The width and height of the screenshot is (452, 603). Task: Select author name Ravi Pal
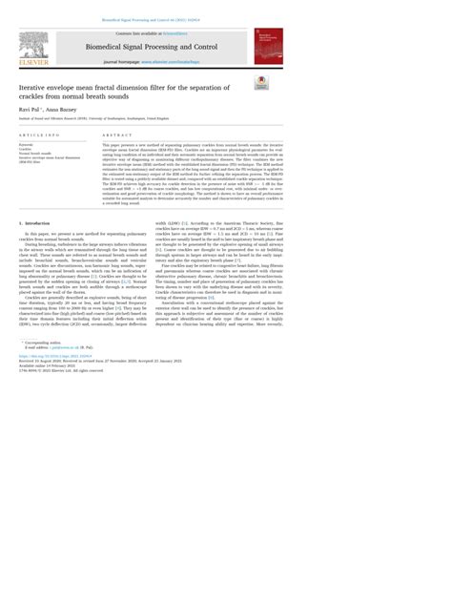(x=30, y=111)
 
